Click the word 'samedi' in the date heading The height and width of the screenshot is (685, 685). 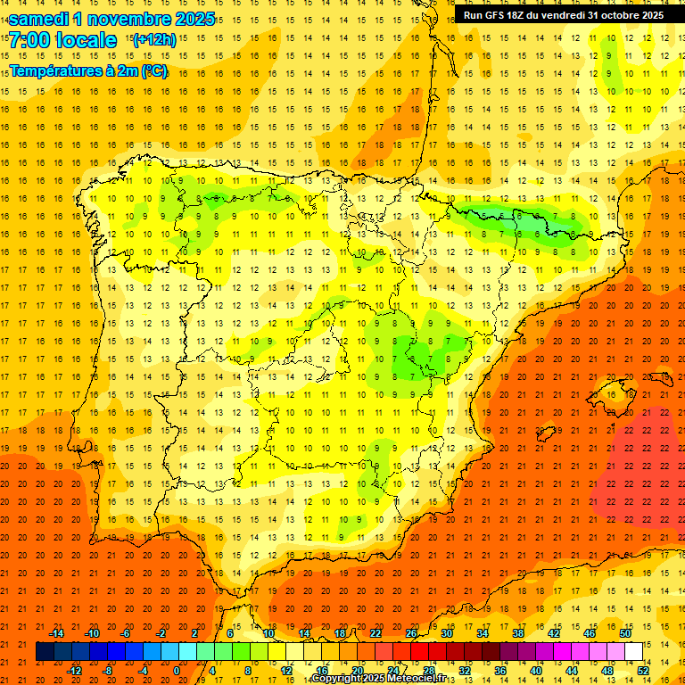(39, 19)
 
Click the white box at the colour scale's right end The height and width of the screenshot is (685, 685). (633, 652)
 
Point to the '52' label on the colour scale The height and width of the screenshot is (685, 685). (644, 671)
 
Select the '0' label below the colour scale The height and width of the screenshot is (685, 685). (177, 671)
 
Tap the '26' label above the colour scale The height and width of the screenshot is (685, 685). (411, 633)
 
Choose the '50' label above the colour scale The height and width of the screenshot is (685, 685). (624, 633)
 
